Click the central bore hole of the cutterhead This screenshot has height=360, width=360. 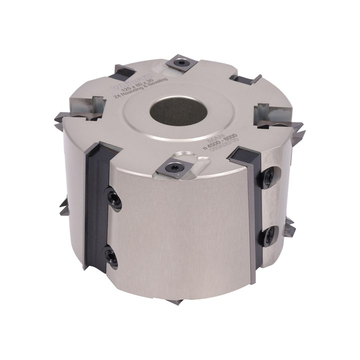tap(179, 110)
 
